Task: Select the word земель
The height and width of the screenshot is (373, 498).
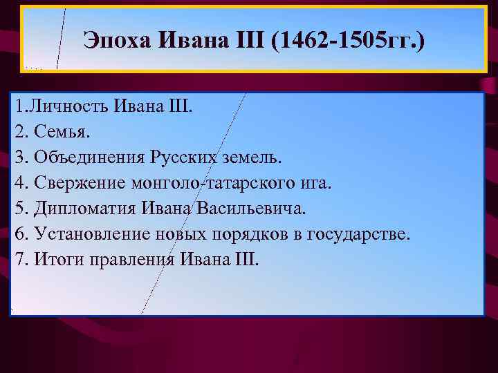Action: [x=252, y=158]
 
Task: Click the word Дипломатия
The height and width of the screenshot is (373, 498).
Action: [x=77, y=209]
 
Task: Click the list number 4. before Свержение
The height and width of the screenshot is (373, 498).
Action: [x=17, y=184]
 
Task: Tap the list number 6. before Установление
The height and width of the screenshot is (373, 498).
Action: [x=17, y=234]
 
